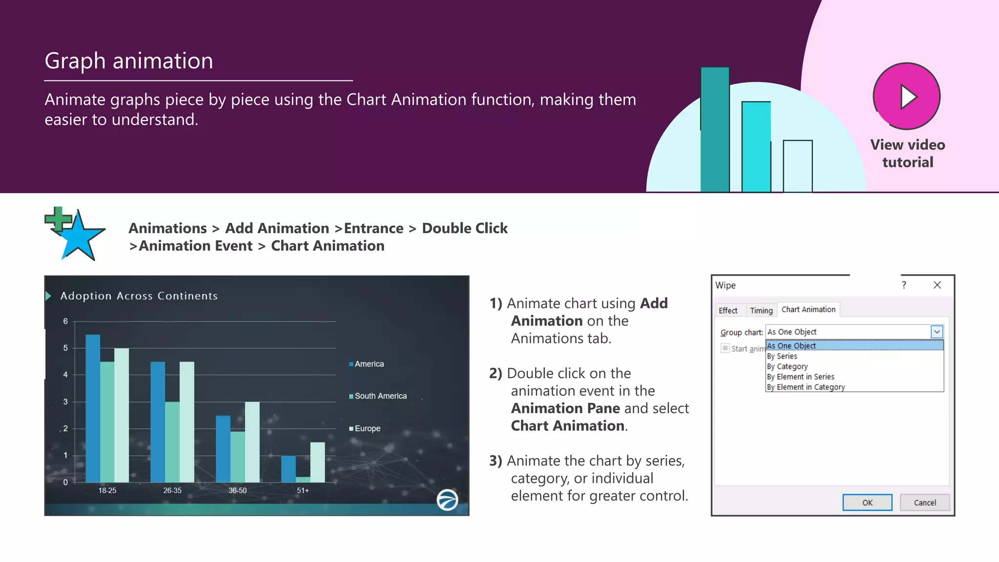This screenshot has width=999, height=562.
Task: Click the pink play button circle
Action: pos(906,96)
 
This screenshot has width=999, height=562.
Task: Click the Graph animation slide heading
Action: pos(129,61)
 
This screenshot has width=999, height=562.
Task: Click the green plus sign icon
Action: pos(58,219)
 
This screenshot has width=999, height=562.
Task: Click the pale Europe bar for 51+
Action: pos(318,462)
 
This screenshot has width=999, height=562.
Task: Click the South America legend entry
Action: pos(380,396)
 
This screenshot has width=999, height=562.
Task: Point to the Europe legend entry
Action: pos(367,428)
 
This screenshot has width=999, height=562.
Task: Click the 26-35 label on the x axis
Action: pos(172,490)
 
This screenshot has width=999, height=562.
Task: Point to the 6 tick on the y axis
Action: pos(65,321)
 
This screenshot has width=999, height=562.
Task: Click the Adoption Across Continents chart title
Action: pos(139,296)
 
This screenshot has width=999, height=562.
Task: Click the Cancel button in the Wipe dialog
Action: pos(924,502)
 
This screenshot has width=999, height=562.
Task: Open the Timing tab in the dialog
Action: pos(761,310)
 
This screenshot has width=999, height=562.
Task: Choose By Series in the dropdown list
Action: pos(782,356)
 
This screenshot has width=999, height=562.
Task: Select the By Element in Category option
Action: pos(805,387)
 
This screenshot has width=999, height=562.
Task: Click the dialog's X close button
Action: pos(937,285)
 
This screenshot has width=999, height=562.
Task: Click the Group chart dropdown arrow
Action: pos(937,332)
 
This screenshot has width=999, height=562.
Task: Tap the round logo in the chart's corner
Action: pos(447,500)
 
